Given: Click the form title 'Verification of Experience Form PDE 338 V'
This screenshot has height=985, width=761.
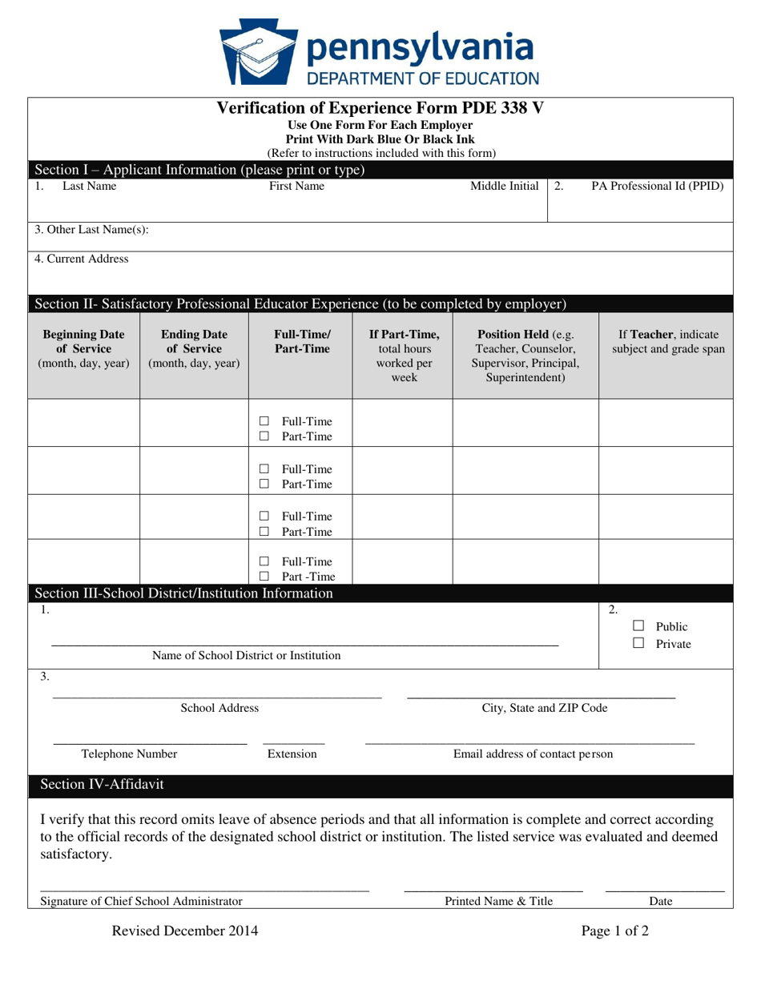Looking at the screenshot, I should [380, 108].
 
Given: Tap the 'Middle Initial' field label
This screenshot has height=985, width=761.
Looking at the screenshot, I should [504, 187].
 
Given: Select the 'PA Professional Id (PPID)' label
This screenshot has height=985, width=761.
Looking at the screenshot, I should [657, 187].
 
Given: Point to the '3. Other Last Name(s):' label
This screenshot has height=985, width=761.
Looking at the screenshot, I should [91, 230].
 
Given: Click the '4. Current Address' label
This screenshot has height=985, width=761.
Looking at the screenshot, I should [81, 259].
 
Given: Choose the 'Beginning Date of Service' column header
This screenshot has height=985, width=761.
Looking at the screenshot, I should [83, 348].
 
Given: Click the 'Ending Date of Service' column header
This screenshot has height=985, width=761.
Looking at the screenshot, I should [194, 348].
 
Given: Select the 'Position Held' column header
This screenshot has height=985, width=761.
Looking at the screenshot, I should [525, 356].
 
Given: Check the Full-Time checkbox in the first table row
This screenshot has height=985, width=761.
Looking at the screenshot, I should [264, 422].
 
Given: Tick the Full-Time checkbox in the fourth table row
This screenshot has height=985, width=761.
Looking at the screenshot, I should [264, 562].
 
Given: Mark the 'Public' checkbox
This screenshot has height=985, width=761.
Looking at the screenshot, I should [638, 626].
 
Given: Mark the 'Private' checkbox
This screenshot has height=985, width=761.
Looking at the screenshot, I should [638, 643].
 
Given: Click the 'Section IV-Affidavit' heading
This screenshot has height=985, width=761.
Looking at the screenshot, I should [102, 785].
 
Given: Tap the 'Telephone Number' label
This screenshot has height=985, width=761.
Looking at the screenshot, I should [130, 754].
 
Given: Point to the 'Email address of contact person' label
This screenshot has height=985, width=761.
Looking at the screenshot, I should [533, 754].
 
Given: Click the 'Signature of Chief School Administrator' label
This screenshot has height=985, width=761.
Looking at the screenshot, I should [141, 901].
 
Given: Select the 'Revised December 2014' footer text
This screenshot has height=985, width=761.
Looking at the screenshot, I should [184, 931].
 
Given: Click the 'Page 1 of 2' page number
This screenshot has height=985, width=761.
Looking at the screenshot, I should [615, 931].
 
